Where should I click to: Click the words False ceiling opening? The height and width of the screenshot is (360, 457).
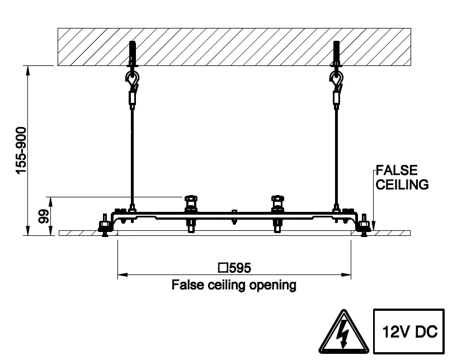click(233, 286)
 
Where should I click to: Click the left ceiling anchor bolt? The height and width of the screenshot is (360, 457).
click(132, 54)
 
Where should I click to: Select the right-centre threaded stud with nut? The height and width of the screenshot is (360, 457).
click(277, 212)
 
